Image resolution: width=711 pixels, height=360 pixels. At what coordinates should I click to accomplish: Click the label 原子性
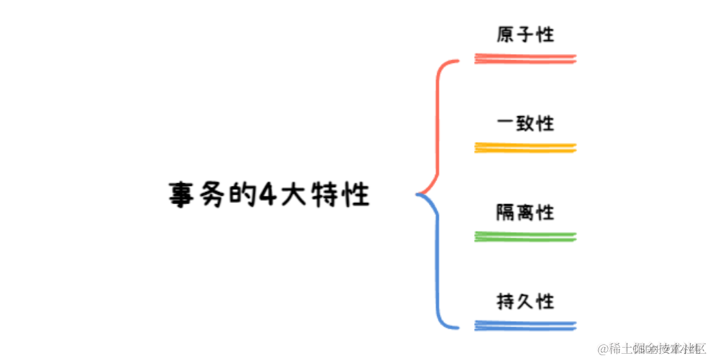click(x=525, y=34)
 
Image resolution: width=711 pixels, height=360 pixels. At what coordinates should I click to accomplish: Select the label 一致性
click(x=525, y=123)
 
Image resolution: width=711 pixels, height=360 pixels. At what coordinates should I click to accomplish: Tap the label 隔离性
click(x=525, y=212)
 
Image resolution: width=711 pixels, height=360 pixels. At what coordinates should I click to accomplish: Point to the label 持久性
click(x=525, y=301)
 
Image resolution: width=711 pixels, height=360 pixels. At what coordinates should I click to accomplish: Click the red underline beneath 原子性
click(x=525, y=59)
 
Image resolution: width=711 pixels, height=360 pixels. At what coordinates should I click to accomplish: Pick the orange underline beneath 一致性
click(x=525, y=148)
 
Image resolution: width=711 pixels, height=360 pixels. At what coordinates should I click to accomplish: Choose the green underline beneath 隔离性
click(x=525, y=236)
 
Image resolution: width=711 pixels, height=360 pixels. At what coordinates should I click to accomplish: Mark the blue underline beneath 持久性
click(x=525, y=325)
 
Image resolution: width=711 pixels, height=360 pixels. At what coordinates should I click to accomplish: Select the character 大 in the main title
click(x=290, y=195)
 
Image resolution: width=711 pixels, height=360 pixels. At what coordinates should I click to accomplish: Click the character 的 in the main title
click(x=236, y=195)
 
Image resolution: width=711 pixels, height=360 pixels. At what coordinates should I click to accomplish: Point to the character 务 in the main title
click(x=209, y=195)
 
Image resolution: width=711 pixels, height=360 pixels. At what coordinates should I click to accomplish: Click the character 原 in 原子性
click(x=506, y=34)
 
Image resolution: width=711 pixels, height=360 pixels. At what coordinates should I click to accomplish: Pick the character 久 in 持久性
click(x=525, y=301)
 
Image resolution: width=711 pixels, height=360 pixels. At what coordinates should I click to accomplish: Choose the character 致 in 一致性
click(x=525, y=123)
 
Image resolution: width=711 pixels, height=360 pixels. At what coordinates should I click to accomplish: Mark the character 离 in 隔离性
click(x=525, y=212)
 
